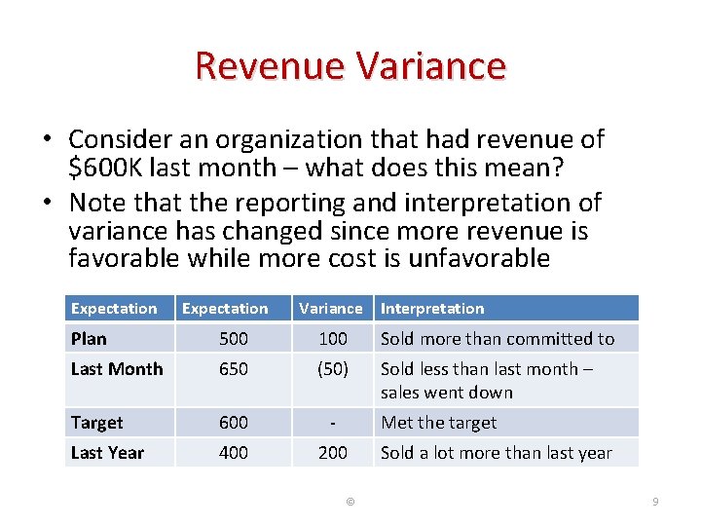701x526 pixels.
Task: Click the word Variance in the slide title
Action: click(x=430, y=66)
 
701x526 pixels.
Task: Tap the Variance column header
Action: click(x=330, y=309)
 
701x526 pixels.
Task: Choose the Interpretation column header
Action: click(x=432, y=309)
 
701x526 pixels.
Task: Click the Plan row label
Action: click(x=89, y=339)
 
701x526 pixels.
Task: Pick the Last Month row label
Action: click(x=117, y=369)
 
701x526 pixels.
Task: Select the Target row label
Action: click(x=96, y=423)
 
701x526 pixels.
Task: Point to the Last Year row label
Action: click(x=107, y=453)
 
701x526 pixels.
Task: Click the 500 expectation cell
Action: click(x=234, y=339)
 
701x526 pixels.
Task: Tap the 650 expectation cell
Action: click(x=234, y=369)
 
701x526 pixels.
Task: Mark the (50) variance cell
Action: click(x=333, y=369)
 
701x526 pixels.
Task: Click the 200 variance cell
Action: click(x=333, y=453)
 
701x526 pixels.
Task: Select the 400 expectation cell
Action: click(x=234, y=453)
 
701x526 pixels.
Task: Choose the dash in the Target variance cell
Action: click(x=333, y=423)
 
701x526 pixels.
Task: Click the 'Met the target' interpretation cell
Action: click(x=438, y=423)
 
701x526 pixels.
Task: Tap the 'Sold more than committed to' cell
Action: click(x=498, y=339)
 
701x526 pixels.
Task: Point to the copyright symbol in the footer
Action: click(x=350, y=502)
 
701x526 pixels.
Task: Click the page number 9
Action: click(x=655, y=502)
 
